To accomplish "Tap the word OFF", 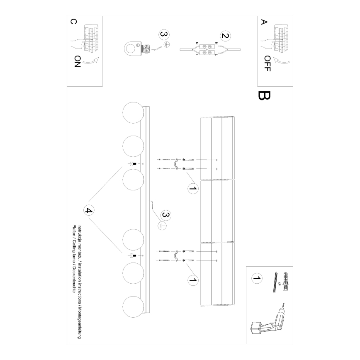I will tap(267, 63).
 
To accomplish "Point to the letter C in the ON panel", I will tap(73, 22).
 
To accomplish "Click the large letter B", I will tap(264, 96).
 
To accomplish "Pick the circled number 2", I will tap(224, 36).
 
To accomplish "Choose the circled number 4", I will tap(88, 210).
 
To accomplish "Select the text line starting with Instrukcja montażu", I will tap(79, 282).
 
